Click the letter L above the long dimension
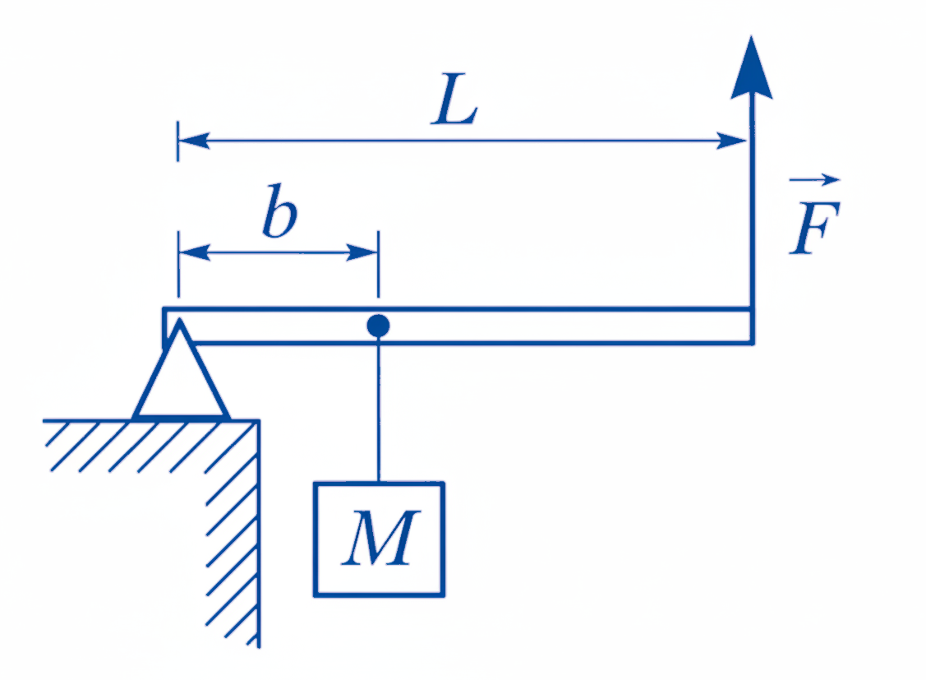click(x=454, y=99)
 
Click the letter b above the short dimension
click(x=279, y=211)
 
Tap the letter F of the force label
click(x=814, y=228)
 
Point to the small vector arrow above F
click(x=814, y=179)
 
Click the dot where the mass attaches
click(x=378, y=326)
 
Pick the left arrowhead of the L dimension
click(x=193, y=141)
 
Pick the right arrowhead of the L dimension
click(x=731, y=141)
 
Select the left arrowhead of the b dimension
click(x=194, y=252)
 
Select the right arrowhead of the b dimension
click(x=362, y=252)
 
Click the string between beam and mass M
click(x=379, y=409)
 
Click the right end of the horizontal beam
click(x=753, y=326)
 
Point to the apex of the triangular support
click(x=179, y=320)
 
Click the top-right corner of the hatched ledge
click(x=258, y=421)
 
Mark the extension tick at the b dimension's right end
click(x=378, y=265)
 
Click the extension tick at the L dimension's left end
click(x=177, y=141)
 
